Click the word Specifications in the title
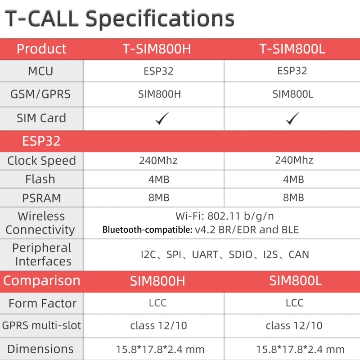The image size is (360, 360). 160,19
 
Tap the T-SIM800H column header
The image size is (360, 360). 157,49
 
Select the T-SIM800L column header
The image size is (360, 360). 292,49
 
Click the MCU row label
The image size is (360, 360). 40,71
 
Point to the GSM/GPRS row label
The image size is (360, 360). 40,94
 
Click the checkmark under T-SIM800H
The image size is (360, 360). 162,118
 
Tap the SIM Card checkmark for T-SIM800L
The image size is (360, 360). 292,118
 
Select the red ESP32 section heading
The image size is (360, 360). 41,141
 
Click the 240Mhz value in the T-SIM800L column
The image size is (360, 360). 294,160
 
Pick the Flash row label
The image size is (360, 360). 40,179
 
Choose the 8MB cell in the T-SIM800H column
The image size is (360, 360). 159,198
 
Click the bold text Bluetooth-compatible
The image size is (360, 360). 148,229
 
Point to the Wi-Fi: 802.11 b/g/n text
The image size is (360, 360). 225,216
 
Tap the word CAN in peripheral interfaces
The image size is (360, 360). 299,254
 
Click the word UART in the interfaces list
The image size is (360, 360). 205,254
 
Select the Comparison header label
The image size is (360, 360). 42,280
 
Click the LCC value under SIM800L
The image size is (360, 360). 295,303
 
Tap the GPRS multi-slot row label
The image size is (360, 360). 41,325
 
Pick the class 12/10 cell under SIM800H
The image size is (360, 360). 159,325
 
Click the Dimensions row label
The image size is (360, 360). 40,349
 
